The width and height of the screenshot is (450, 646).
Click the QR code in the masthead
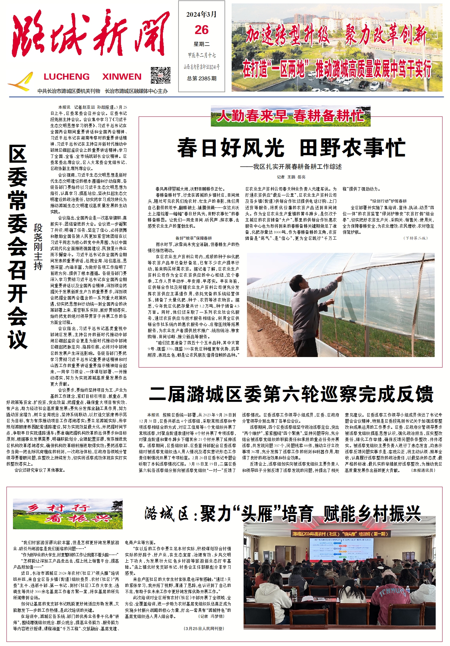pyautogui.click(x=160, y=75)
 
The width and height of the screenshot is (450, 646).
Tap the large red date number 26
pyautogui.click(x=201, y=30)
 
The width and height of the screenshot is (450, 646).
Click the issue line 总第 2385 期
pyautogui.click(x=202, y=78)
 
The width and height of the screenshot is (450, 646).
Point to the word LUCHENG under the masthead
pyautogui.click(x=67, y=77)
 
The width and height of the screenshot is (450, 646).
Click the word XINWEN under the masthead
pyautogui.click(x=122, y=77)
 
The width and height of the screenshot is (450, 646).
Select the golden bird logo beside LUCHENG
pyautogui.click(x=21, y=82)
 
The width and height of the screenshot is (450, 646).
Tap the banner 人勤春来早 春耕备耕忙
pyautogui.click(x=290, y=116)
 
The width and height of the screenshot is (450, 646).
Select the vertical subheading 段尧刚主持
pyautogui.click(x=38, y=247)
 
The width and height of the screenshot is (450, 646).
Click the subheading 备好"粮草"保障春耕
pyautogui.click(x=193, y=238)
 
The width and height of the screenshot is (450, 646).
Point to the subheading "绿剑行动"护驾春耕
pyautogui.click(x=388, y=201)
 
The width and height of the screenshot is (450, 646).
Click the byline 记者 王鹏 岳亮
pyautogui.click(x=291, y=177)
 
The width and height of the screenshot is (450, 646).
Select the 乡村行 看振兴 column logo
pyautogui.click(x=67, y=514)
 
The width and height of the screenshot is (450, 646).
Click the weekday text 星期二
pyautogui.click(x=201, y=44)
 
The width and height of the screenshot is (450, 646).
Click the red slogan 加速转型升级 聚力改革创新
pyautogui.click(x=337, y=35)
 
